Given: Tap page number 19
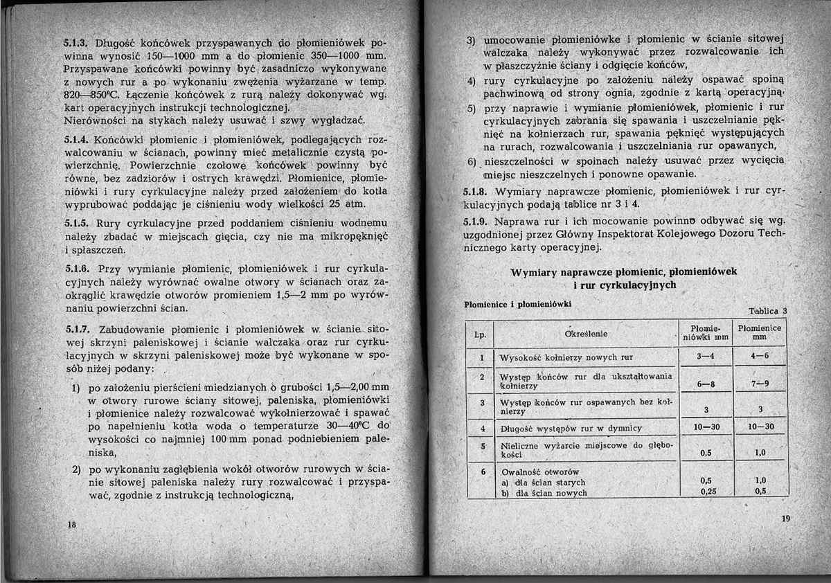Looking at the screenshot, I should [784, 519].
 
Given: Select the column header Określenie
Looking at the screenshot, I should [587, 334].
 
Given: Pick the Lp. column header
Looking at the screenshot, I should [479, 335].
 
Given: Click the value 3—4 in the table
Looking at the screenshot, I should [706, 357].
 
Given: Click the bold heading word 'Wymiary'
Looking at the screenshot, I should [535, 271].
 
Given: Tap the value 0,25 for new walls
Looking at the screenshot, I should [706, 492].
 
